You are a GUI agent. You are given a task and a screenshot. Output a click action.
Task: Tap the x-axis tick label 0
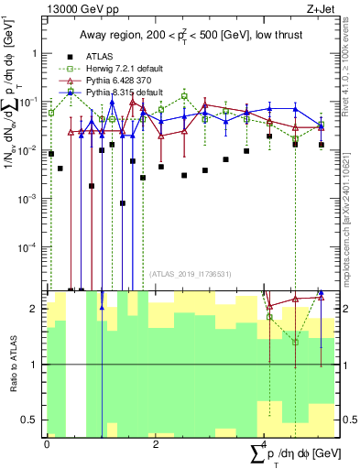(47, 444)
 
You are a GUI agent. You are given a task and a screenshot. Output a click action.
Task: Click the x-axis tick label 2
(156, 444)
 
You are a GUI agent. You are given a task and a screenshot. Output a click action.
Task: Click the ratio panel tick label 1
(35, 365)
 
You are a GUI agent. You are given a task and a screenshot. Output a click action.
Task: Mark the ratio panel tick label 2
(35, 309)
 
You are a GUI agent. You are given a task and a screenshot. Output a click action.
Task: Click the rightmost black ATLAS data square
(322, 145)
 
